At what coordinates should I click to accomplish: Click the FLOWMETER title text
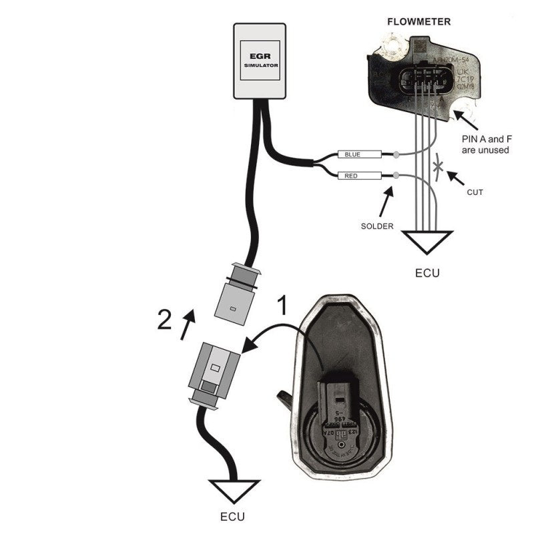coord(419,21)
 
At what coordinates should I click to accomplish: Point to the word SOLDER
coord(377,226)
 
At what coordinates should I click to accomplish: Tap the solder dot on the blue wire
coord(396,155)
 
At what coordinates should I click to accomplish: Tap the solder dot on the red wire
coord(396,176)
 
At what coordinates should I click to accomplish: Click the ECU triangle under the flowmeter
coord(424,241)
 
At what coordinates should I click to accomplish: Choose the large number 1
coord(283,306)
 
